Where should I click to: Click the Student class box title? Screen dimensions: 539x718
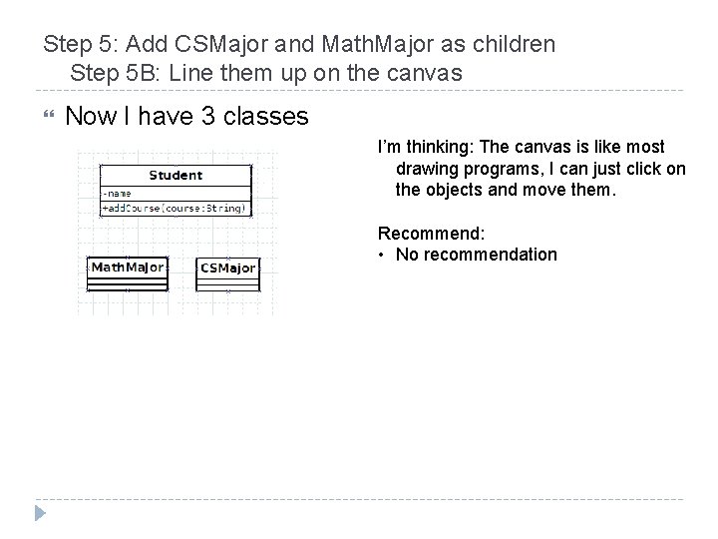click(x=176, y=176)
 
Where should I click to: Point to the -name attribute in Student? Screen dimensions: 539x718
click(x=117, y=193)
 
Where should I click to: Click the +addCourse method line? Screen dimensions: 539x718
click(x=175, y=208)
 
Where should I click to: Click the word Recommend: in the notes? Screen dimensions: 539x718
click(x=431, y=233)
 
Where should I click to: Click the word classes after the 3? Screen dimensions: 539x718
click(x=266, y=117)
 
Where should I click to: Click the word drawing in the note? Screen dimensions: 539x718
click(x=427, y=168)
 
